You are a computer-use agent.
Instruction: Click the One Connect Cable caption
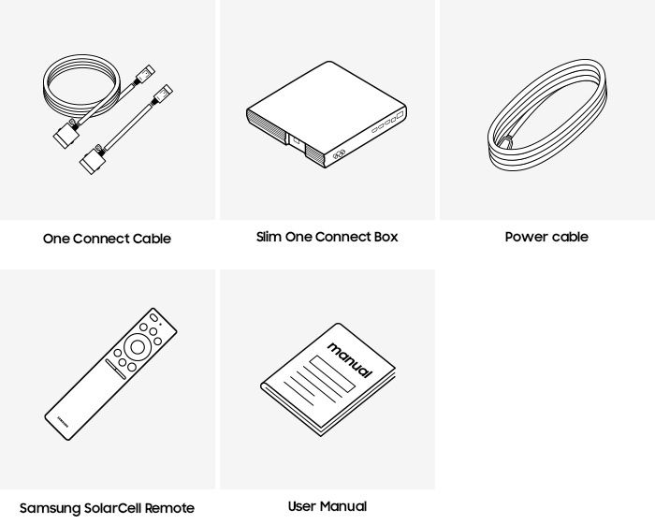coord(107,239)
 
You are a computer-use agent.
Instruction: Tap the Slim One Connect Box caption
coord(327,237)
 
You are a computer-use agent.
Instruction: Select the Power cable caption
coord(546,237)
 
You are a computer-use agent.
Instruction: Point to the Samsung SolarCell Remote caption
coord(107,508)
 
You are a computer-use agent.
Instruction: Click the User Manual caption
coord(327,506)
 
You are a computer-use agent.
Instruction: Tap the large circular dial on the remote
coord(138,347)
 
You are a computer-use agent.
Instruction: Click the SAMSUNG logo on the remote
coord(63,422)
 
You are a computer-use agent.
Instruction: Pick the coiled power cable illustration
coord(547,115)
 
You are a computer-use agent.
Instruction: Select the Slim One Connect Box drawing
coord(327,114)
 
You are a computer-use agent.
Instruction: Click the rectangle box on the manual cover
coord(332,373)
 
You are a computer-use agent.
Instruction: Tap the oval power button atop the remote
coord(153,317)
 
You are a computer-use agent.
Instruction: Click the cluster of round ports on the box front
coord(339,154)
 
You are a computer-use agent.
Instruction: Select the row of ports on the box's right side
coord(388,122)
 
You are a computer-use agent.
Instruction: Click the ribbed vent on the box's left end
coord(267,125)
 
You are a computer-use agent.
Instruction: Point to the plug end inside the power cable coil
coord(508,142)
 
